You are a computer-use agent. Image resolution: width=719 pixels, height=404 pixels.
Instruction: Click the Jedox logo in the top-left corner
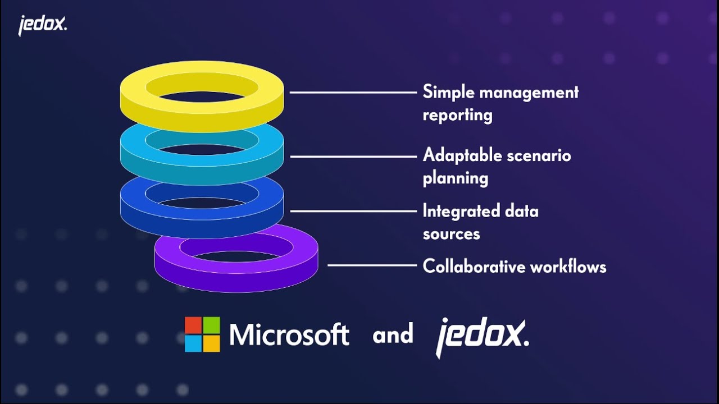point(42,25)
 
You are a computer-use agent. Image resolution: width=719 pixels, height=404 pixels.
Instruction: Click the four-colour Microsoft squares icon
point(202,334)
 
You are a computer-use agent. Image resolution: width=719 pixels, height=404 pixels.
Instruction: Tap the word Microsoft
point(289,335)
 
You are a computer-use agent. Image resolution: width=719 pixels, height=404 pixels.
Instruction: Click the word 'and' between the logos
point(393,335)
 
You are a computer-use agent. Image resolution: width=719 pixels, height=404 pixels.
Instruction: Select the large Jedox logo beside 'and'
point(482,336)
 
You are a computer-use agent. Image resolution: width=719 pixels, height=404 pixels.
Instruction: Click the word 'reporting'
point(457,115)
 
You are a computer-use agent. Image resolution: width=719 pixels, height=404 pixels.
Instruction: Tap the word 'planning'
point(455,178)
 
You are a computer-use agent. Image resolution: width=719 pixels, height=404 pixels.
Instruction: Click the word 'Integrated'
point(461,211)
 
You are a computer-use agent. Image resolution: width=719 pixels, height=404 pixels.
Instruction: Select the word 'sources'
point(451,233)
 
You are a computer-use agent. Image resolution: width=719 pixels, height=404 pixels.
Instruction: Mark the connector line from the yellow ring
point(352,92)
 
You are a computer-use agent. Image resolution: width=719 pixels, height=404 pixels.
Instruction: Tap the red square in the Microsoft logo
point(194,325)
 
